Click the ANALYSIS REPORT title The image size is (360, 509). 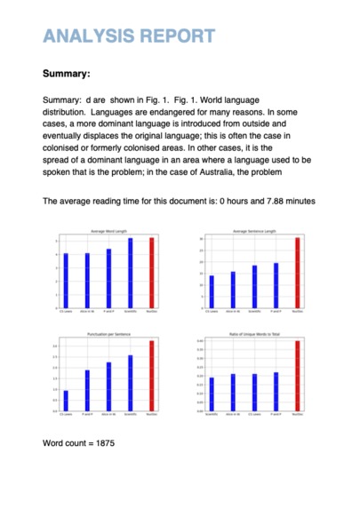pos(129,36)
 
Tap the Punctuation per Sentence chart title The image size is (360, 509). pos(108,333)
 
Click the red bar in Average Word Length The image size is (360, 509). pos(152,273)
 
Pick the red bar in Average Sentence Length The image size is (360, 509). pos(297,273)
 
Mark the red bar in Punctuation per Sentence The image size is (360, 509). pos(152,375)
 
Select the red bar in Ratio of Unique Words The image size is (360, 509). pos(297,375)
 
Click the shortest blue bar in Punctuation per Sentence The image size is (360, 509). pos(66,401)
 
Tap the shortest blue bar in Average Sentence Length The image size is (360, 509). pos(211,291)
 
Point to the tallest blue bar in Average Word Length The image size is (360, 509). pos(131,273)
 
